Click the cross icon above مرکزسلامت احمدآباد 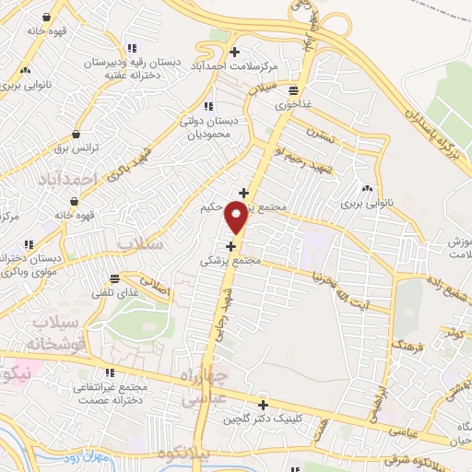(235, 52)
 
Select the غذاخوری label (294, 105)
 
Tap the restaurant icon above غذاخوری (293, 90)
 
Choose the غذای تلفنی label (114, 292)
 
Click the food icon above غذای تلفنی (114, 277)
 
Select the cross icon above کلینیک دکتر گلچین (264, 404)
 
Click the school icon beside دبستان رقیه (132, 48)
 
